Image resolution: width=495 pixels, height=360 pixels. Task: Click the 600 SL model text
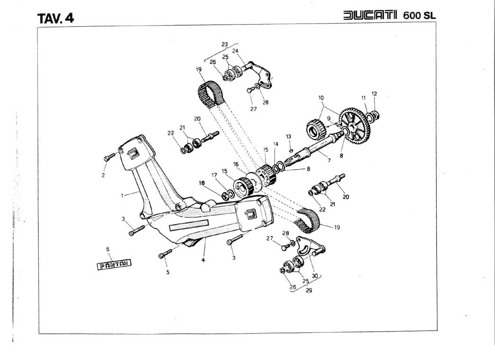coord(419,15)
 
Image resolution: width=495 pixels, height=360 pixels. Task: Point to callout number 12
coord(374,94)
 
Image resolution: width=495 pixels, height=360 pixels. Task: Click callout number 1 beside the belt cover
coord(123,194)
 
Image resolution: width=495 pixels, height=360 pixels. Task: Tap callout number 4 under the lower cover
coord(203,260)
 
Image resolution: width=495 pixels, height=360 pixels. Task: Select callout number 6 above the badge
coord(108,249)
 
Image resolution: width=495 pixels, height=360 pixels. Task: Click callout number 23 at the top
coord(224,45)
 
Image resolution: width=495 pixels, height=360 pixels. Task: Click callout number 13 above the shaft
coord(288,137)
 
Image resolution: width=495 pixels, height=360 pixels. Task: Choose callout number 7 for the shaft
coord(329,161)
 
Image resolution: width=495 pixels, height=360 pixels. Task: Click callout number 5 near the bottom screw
coord(167,272)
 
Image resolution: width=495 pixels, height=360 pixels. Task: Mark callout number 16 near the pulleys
coord(236,164)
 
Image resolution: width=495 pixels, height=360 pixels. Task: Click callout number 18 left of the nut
coord(202,183)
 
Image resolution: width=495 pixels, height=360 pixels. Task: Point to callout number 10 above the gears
coord(321,98)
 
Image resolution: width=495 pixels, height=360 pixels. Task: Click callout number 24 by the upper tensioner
coord(235,51)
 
